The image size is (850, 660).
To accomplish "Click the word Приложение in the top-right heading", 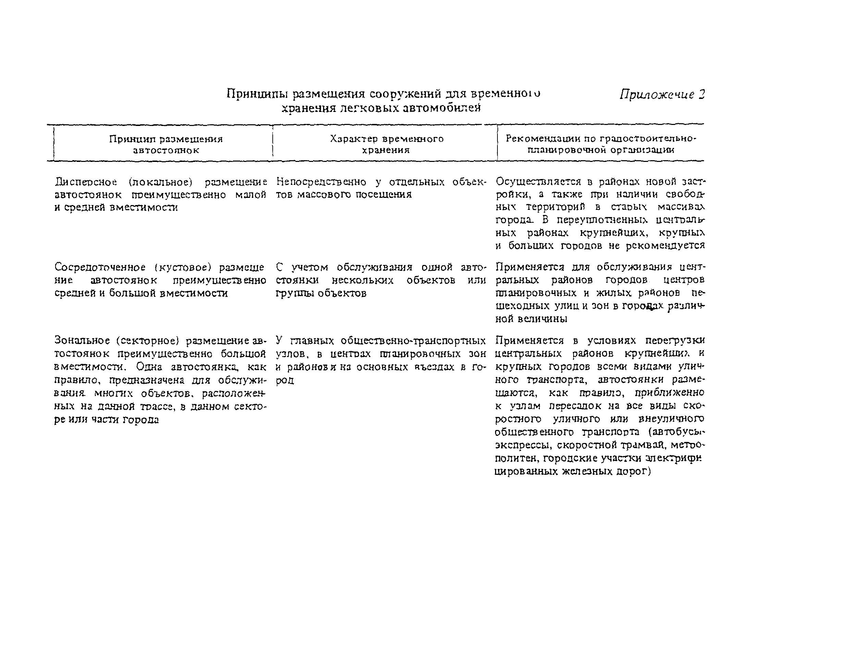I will click(657, 95).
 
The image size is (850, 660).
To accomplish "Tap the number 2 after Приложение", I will click(701, 94).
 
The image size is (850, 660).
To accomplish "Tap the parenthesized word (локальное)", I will click(161, 182).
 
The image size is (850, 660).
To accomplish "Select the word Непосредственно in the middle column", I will click(321, 182).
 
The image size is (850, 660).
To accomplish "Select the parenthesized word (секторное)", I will click(148, 341).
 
